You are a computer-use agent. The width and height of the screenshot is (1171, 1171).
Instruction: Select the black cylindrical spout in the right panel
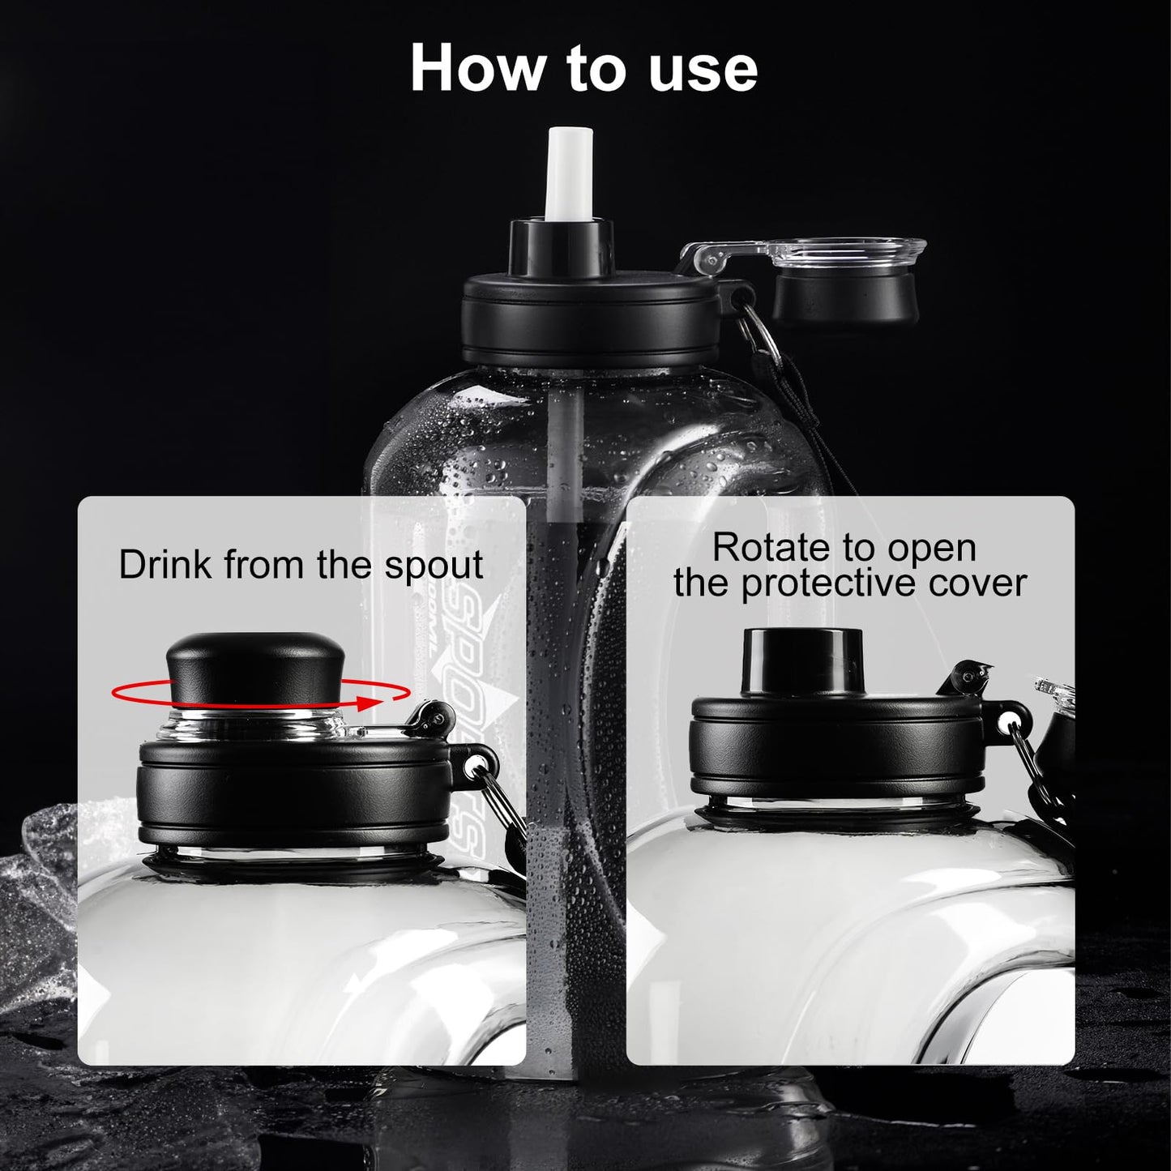point(803,662)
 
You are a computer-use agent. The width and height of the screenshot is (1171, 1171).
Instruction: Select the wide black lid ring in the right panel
point(836,752)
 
